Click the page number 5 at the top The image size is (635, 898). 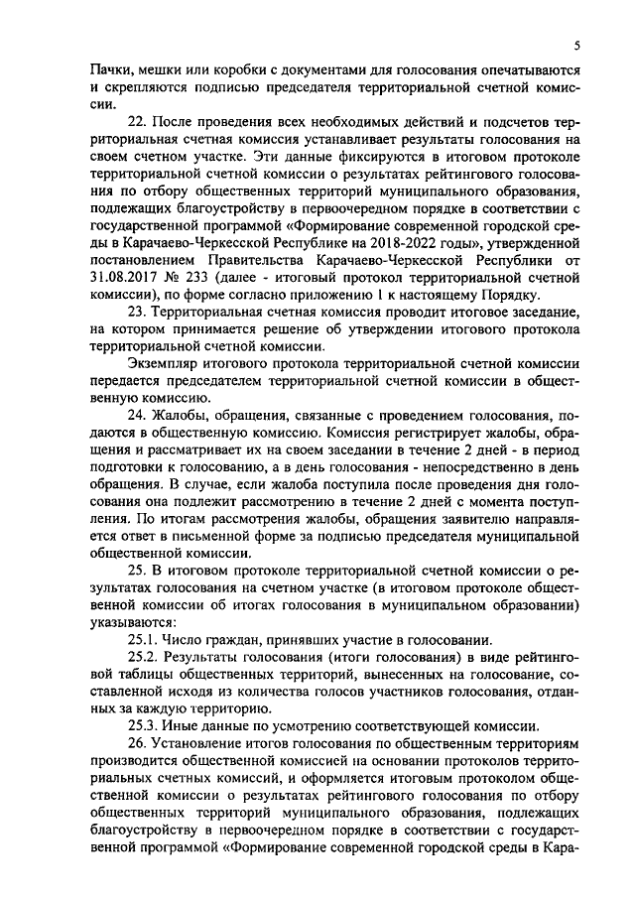(576, 46)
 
